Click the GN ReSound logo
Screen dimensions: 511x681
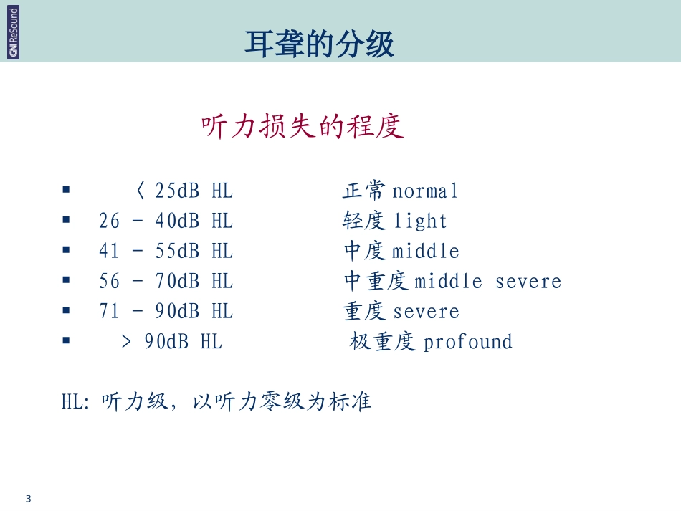14,32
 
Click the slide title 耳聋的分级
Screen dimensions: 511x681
319,44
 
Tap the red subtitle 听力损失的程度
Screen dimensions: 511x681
303,127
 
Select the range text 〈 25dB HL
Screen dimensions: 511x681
184,191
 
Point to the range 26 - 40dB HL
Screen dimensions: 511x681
166,221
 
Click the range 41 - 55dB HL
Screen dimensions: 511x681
166,251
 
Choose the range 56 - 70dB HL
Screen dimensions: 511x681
166,281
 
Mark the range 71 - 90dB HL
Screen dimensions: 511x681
166,311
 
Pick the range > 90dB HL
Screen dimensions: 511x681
172,342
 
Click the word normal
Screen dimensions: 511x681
425,191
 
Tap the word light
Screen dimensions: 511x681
420,221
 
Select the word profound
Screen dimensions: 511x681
467,342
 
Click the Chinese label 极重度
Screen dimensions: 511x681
383,342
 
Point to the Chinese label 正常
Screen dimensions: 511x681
366,191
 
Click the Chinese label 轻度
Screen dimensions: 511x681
366,221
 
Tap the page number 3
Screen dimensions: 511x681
28,498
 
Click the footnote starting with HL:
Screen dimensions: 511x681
216,401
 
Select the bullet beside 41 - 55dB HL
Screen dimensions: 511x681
66,250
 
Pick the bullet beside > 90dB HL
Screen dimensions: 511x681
66,340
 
